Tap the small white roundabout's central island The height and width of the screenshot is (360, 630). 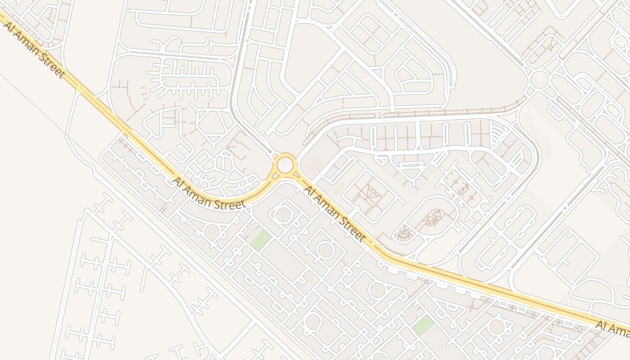pyautogui.click(x=540, y=80)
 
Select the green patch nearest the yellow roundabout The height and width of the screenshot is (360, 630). pyautogui.click(x=261, y=240)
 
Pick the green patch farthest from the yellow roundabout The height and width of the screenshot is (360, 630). pyautogui.click(x=423, y=325)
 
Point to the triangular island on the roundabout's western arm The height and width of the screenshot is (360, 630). pyautogui.click(x=273, y=176)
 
